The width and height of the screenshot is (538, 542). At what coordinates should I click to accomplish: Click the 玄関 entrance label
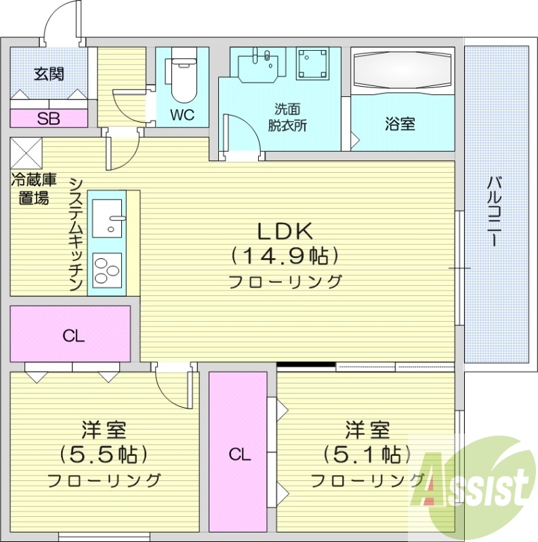[49, 73]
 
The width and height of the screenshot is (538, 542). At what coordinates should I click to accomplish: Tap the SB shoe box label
[48, 119]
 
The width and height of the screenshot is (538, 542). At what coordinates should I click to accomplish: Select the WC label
[182, 114]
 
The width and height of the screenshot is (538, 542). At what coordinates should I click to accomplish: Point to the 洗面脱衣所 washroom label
[287, 117]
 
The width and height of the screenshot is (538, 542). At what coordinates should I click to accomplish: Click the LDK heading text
[284, 232]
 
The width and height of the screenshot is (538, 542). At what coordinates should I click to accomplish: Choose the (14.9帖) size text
[284, 255]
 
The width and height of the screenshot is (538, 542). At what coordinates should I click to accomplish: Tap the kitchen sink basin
[107, 217]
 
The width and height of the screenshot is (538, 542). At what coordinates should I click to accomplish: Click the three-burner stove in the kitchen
[107, 270]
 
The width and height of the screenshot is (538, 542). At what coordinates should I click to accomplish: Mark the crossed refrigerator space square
[26, 153]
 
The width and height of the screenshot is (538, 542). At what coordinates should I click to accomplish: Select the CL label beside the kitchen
[73, 335]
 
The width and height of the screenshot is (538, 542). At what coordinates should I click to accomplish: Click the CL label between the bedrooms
[239, 455]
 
